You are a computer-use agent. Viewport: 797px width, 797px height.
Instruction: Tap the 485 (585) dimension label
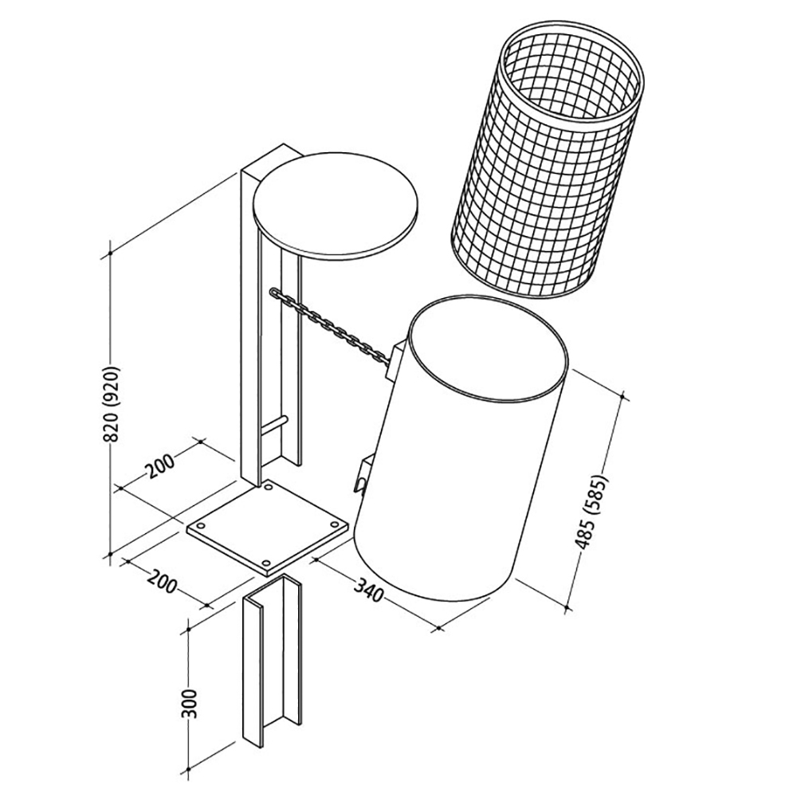(x=591, y=512)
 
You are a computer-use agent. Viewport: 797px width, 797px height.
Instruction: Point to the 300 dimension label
(x=189, y=704)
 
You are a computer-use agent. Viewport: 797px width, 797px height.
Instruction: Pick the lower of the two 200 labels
(x=162, y=580)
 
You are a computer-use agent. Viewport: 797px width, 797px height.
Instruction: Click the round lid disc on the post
(x=336, y=206)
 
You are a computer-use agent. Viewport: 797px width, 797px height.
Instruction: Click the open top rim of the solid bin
(x=488, y=351)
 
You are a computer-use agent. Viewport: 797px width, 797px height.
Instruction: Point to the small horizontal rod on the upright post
(x=274, y=425)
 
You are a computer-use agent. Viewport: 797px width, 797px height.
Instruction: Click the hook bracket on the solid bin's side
(x=363, y=473)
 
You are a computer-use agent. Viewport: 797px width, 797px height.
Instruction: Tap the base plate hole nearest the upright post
(x=269, y=489)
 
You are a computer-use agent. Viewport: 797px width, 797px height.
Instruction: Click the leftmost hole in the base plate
(x=202, y=526)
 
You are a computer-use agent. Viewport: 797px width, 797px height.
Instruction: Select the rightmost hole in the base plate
(x=335, y=524)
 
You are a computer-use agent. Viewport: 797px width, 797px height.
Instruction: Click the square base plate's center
(x=267, y=527)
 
